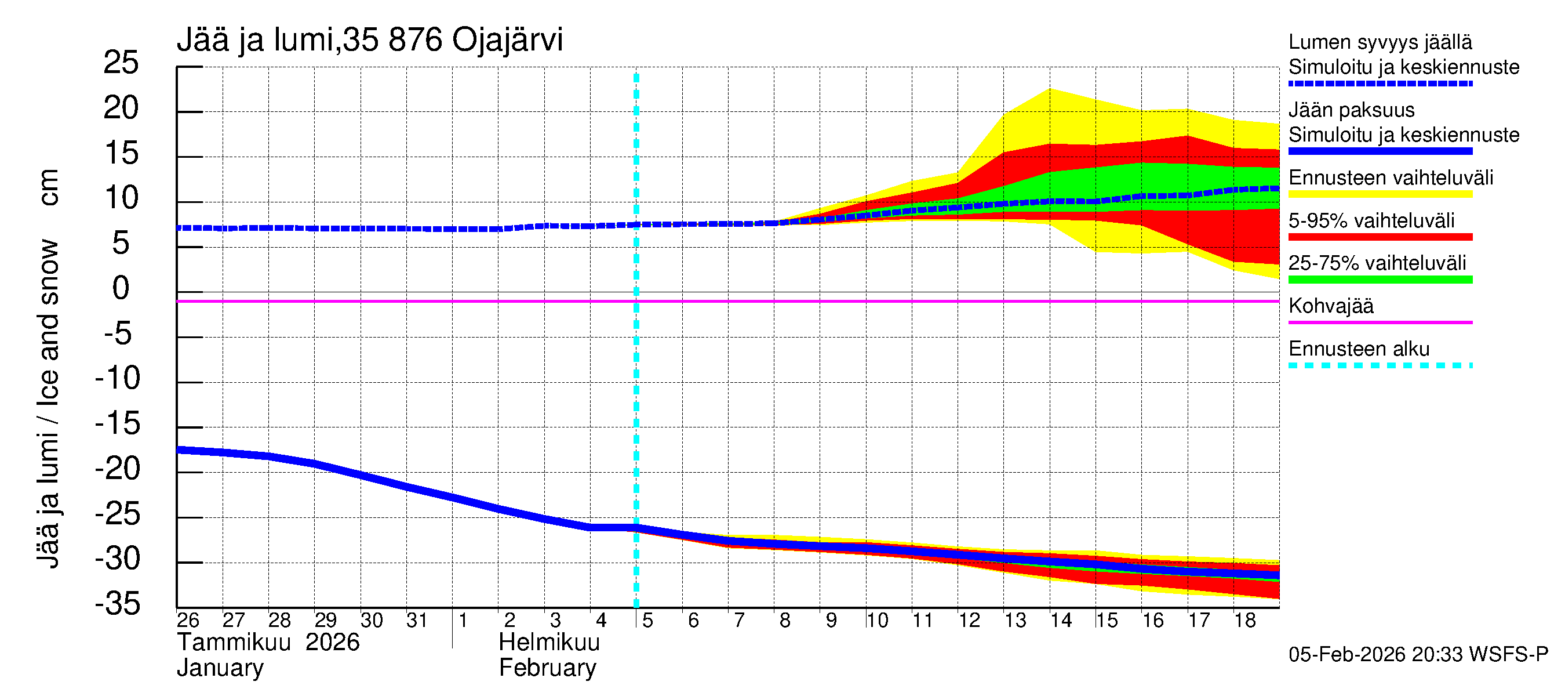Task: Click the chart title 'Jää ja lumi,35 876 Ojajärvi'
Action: coord(369,40)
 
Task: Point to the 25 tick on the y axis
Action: coord(122,63)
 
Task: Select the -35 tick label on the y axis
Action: coord(118,604)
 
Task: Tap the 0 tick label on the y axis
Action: coord(121,288)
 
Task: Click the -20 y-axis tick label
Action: coord(118,469)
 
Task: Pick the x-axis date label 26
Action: coord(188,621)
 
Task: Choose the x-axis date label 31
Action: coord(417,621)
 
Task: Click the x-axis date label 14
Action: coord(1061,621)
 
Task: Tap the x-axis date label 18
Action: coord(1244,621)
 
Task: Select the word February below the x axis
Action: coord(547,668)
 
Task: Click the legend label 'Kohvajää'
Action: coord(1330,306)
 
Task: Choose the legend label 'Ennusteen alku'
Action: coord(1359,349)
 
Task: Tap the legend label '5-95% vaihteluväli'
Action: coord(1371,220)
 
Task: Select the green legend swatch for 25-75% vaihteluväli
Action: coord(1380,280)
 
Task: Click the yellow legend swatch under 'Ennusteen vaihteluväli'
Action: coord(1380,194)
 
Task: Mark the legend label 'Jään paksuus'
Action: coord(1351,110)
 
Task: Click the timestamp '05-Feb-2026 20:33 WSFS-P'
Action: coord(1418,655)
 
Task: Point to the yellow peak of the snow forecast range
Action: coord(1050,90)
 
